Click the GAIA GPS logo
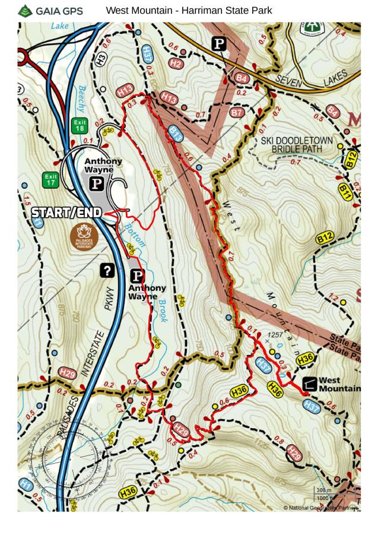click(50, 11)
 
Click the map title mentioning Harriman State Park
click(189, 11)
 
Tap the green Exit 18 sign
click(80, 126)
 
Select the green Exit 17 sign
click(50, 179)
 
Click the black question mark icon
click(107, 271)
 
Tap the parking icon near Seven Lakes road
click(220, 43)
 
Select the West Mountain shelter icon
click(309, 384)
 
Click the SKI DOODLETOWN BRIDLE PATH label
click(297, 145)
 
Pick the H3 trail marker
click(101, 58)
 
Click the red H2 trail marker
click(176, 63)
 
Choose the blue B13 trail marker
click(175, 134)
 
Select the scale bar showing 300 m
click(323, 490)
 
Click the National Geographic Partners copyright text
click(321, 508)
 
